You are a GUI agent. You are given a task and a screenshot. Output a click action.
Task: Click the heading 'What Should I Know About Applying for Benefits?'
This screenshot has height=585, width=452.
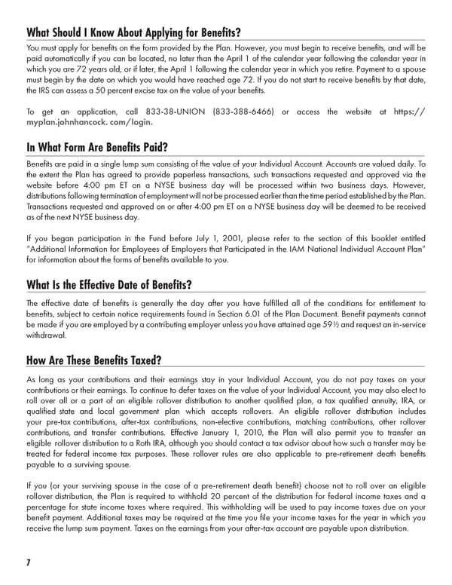point(133,33)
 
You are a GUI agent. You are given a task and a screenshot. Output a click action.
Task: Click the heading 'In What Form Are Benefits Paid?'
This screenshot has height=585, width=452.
point(96,147)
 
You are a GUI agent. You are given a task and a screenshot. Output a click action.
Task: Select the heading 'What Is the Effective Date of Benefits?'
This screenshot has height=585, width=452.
point(108,285)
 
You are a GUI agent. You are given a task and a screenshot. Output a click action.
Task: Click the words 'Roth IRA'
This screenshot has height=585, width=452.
point(148,446)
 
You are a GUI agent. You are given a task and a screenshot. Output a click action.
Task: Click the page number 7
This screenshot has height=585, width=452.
point(29,562)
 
